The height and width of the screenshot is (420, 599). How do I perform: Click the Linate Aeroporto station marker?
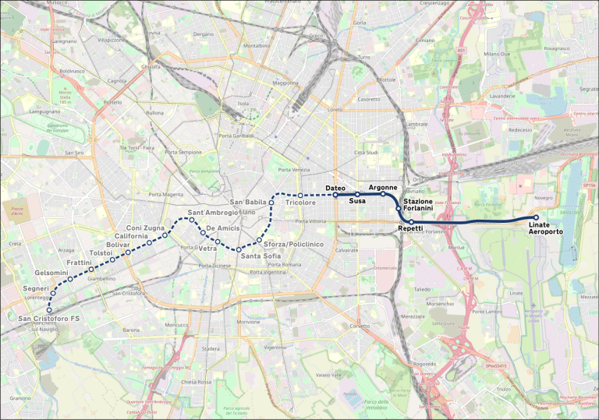[536, 217]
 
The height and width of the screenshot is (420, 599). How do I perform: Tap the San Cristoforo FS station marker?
[49, 310]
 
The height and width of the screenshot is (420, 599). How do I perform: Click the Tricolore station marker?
[300, 195]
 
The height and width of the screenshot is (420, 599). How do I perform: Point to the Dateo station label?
[335, 188]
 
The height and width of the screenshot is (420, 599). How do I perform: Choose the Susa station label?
[358, 201]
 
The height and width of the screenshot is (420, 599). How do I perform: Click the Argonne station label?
[383, 188]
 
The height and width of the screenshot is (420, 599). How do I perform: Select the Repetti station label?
[410, 228]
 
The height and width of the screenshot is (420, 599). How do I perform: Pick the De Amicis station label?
[223, 228]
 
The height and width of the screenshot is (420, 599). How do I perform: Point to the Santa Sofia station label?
[261, 256]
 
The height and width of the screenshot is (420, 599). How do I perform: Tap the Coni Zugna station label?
[145, 227]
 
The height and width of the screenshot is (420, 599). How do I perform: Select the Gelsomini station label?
[51, 273]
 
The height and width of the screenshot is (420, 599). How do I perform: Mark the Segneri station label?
[36, 288]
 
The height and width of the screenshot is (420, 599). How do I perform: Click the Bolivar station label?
[118, 245]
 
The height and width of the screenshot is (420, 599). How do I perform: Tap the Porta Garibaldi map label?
[237, 136]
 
